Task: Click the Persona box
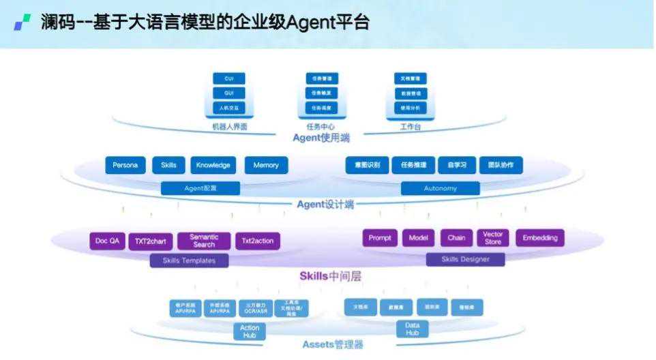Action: coord(125,165)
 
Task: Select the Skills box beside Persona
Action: coord(168,165)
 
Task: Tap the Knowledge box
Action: coord(213,165)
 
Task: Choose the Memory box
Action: coord(266,165)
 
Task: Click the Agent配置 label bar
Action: coord(200,188)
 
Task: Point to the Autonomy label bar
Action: coord(440,188)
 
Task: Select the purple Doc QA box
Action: coord(108,241)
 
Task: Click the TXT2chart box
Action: coord(150,241)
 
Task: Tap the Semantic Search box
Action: coord(204,241)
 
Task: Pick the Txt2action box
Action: coord(258,241)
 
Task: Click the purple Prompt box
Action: coord(380,238)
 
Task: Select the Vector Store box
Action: coord(493,238)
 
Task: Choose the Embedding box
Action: coord(540,238)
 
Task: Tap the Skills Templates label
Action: coord(189,260)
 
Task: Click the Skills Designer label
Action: coord(465,259)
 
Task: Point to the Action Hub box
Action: coord(250,331)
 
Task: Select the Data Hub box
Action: coord(412,329)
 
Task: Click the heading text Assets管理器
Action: coord(332,345)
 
